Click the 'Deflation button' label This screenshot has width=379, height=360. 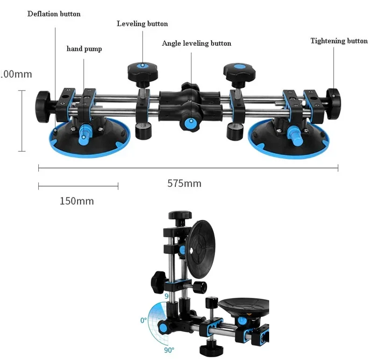coord(54,14)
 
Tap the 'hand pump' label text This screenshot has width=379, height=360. coord(84,49)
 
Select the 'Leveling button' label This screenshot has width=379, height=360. coord(142,23)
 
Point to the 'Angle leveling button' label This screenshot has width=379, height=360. coord(196,43)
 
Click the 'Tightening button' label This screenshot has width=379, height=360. coord(339,41)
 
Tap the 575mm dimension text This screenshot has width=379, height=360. coord(184,184)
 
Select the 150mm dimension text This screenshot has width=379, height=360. coord(77,201)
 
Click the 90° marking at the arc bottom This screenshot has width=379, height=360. coord(169,349)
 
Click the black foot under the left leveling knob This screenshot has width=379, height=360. coord(142,130)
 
